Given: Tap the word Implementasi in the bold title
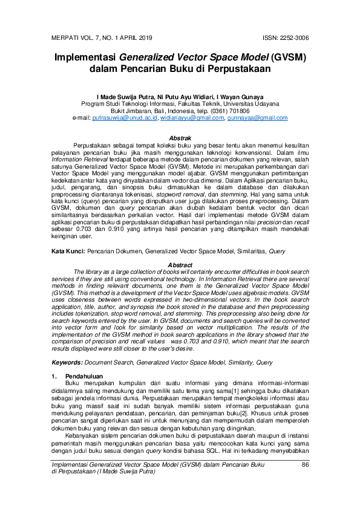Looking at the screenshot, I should (x=85, y=58).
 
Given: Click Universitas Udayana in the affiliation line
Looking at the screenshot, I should (x=250, y=103).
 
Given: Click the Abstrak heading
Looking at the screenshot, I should (x=180, y=138).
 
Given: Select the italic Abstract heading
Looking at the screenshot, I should (x=180, y=265).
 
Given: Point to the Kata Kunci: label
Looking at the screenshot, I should (x=67, y=250).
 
